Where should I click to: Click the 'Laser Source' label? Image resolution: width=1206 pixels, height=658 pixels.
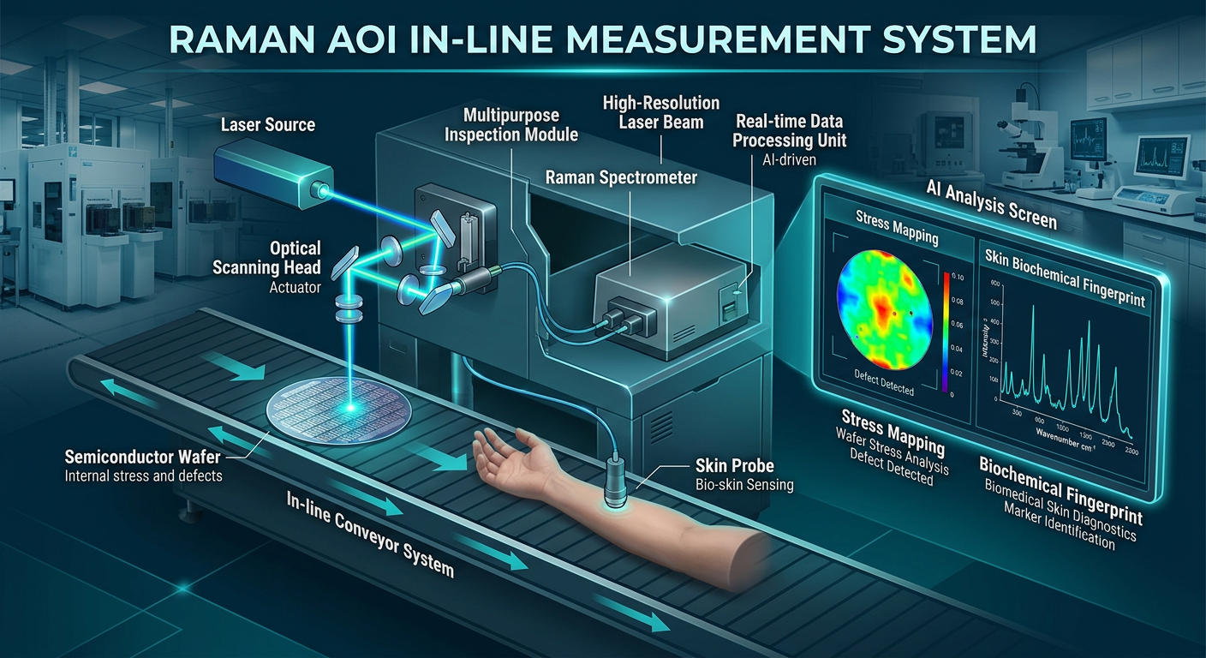coord(268,125)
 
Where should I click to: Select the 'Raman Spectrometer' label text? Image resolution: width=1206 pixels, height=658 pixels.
coord(622,177)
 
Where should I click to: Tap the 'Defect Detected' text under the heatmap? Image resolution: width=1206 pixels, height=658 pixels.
coord(884,384)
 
